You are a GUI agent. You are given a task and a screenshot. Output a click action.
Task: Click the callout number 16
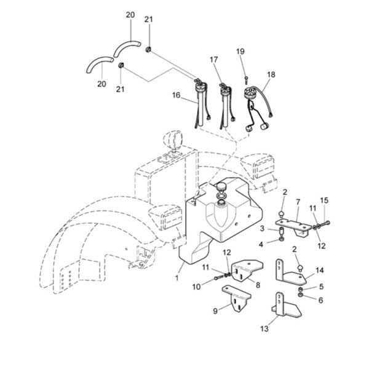(176, 95)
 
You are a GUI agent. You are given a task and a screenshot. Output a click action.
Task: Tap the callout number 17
(213, 60)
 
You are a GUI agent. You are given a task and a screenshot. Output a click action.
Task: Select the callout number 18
(271, 74)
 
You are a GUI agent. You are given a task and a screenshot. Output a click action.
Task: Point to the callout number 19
(240, 51)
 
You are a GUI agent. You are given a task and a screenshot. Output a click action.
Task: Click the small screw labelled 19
(245, 80)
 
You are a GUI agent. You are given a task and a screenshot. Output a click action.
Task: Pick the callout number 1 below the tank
(177, 278)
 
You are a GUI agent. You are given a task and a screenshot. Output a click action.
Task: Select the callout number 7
(298, 202)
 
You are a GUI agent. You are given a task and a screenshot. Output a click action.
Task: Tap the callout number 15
(324, 200)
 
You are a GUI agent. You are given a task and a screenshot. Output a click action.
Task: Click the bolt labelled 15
(325, 224)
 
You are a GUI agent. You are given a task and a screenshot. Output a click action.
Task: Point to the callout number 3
(262, 229)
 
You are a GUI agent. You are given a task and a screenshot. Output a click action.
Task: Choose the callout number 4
(261, 245)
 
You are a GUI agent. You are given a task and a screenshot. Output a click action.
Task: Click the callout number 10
(196, 287)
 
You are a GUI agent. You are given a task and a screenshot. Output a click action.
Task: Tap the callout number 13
(264, 328)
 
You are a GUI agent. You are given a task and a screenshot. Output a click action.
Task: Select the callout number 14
(319, 271)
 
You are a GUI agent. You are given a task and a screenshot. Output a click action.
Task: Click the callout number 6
(320, 300)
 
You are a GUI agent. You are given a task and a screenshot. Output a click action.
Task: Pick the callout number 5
(321, 287)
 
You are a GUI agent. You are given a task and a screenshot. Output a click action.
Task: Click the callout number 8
(258, 285)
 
